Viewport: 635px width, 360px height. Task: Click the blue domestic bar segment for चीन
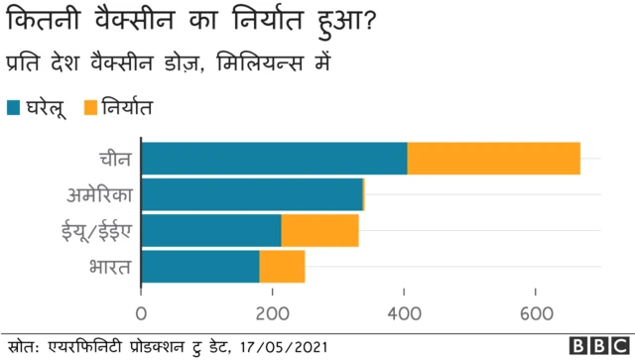click(274, 159)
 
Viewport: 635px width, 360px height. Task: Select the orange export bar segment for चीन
click(493, 159)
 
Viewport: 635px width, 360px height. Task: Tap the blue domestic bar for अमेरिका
click(252, 194)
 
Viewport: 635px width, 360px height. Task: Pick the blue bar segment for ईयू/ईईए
click(211, 230)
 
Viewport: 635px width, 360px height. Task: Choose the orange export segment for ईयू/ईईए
click(319, 230)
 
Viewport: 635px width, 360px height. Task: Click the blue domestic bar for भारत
click(200, 266)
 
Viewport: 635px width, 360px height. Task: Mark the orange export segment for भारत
click(282, 266)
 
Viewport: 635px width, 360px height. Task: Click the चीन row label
click(114, 159)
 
